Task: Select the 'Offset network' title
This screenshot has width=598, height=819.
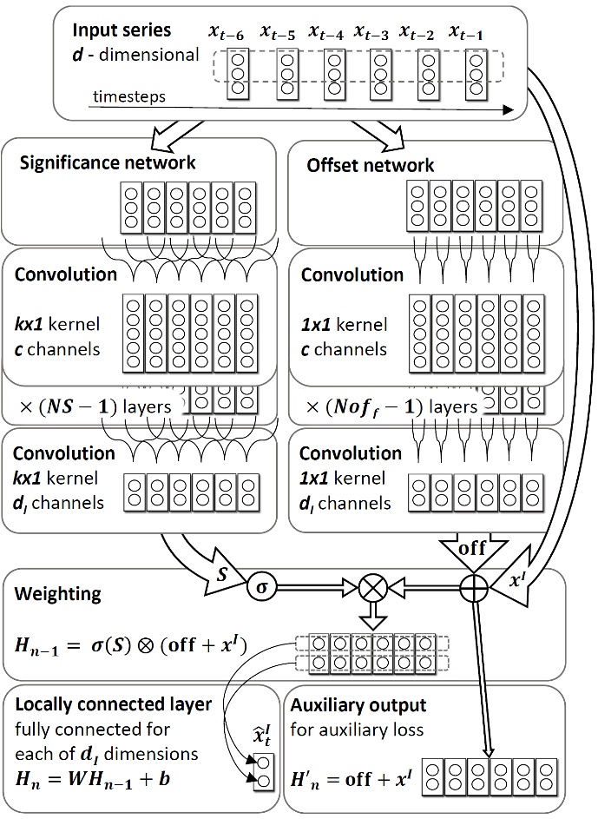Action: pos(371,164)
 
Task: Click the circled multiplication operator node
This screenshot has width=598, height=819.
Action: pos(372,588)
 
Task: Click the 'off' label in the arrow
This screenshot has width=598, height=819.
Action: pos(473,549)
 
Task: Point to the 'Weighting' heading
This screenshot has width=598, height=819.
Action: pos(58,595)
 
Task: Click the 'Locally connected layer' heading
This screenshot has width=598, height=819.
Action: pos(114,703)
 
